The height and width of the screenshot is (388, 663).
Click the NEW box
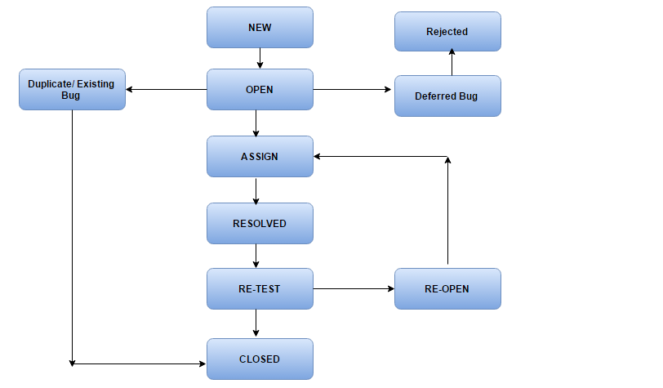[260, 28]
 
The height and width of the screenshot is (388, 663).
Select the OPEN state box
[260, 89]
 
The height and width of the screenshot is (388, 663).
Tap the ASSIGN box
[260, 156]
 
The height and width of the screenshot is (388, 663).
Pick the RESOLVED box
[260, 223]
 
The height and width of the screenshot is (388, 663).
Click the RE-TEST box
[260, 288]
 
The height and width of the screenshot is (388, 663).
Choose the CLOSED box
[260, 359]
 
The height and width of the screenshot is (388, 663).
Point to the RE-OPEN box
[447, 288]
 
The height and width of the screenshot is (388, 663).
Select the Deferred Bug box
[447, 96]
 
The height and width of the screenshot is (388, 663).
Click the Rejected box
[447, 32]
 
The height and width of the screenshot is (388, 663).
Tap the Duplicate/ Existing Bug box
[72, 89]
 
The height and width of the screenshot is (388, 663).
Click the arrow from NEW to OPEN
[260, 58]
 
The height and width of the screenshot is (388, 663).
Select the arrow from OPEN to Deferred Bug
[353, 89]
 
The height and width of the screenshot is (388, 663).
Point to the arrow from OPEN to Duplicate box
[166, 89]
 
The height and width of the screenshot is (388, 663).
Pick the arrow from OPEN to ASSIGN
[256, 123]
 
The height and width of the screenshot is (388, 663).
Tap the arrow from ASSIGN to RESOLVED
[256, 190]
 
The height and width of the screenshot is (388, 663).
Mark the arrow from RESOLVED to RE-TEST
[256, 256]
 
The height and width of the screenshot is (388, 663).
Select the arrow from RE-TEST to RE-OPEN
[353, 288]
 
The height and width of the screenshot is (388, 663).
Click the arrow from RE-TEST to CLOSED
[256, 323]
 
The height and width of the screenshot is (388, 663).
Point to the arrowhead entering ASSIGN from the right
[319, 156]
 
